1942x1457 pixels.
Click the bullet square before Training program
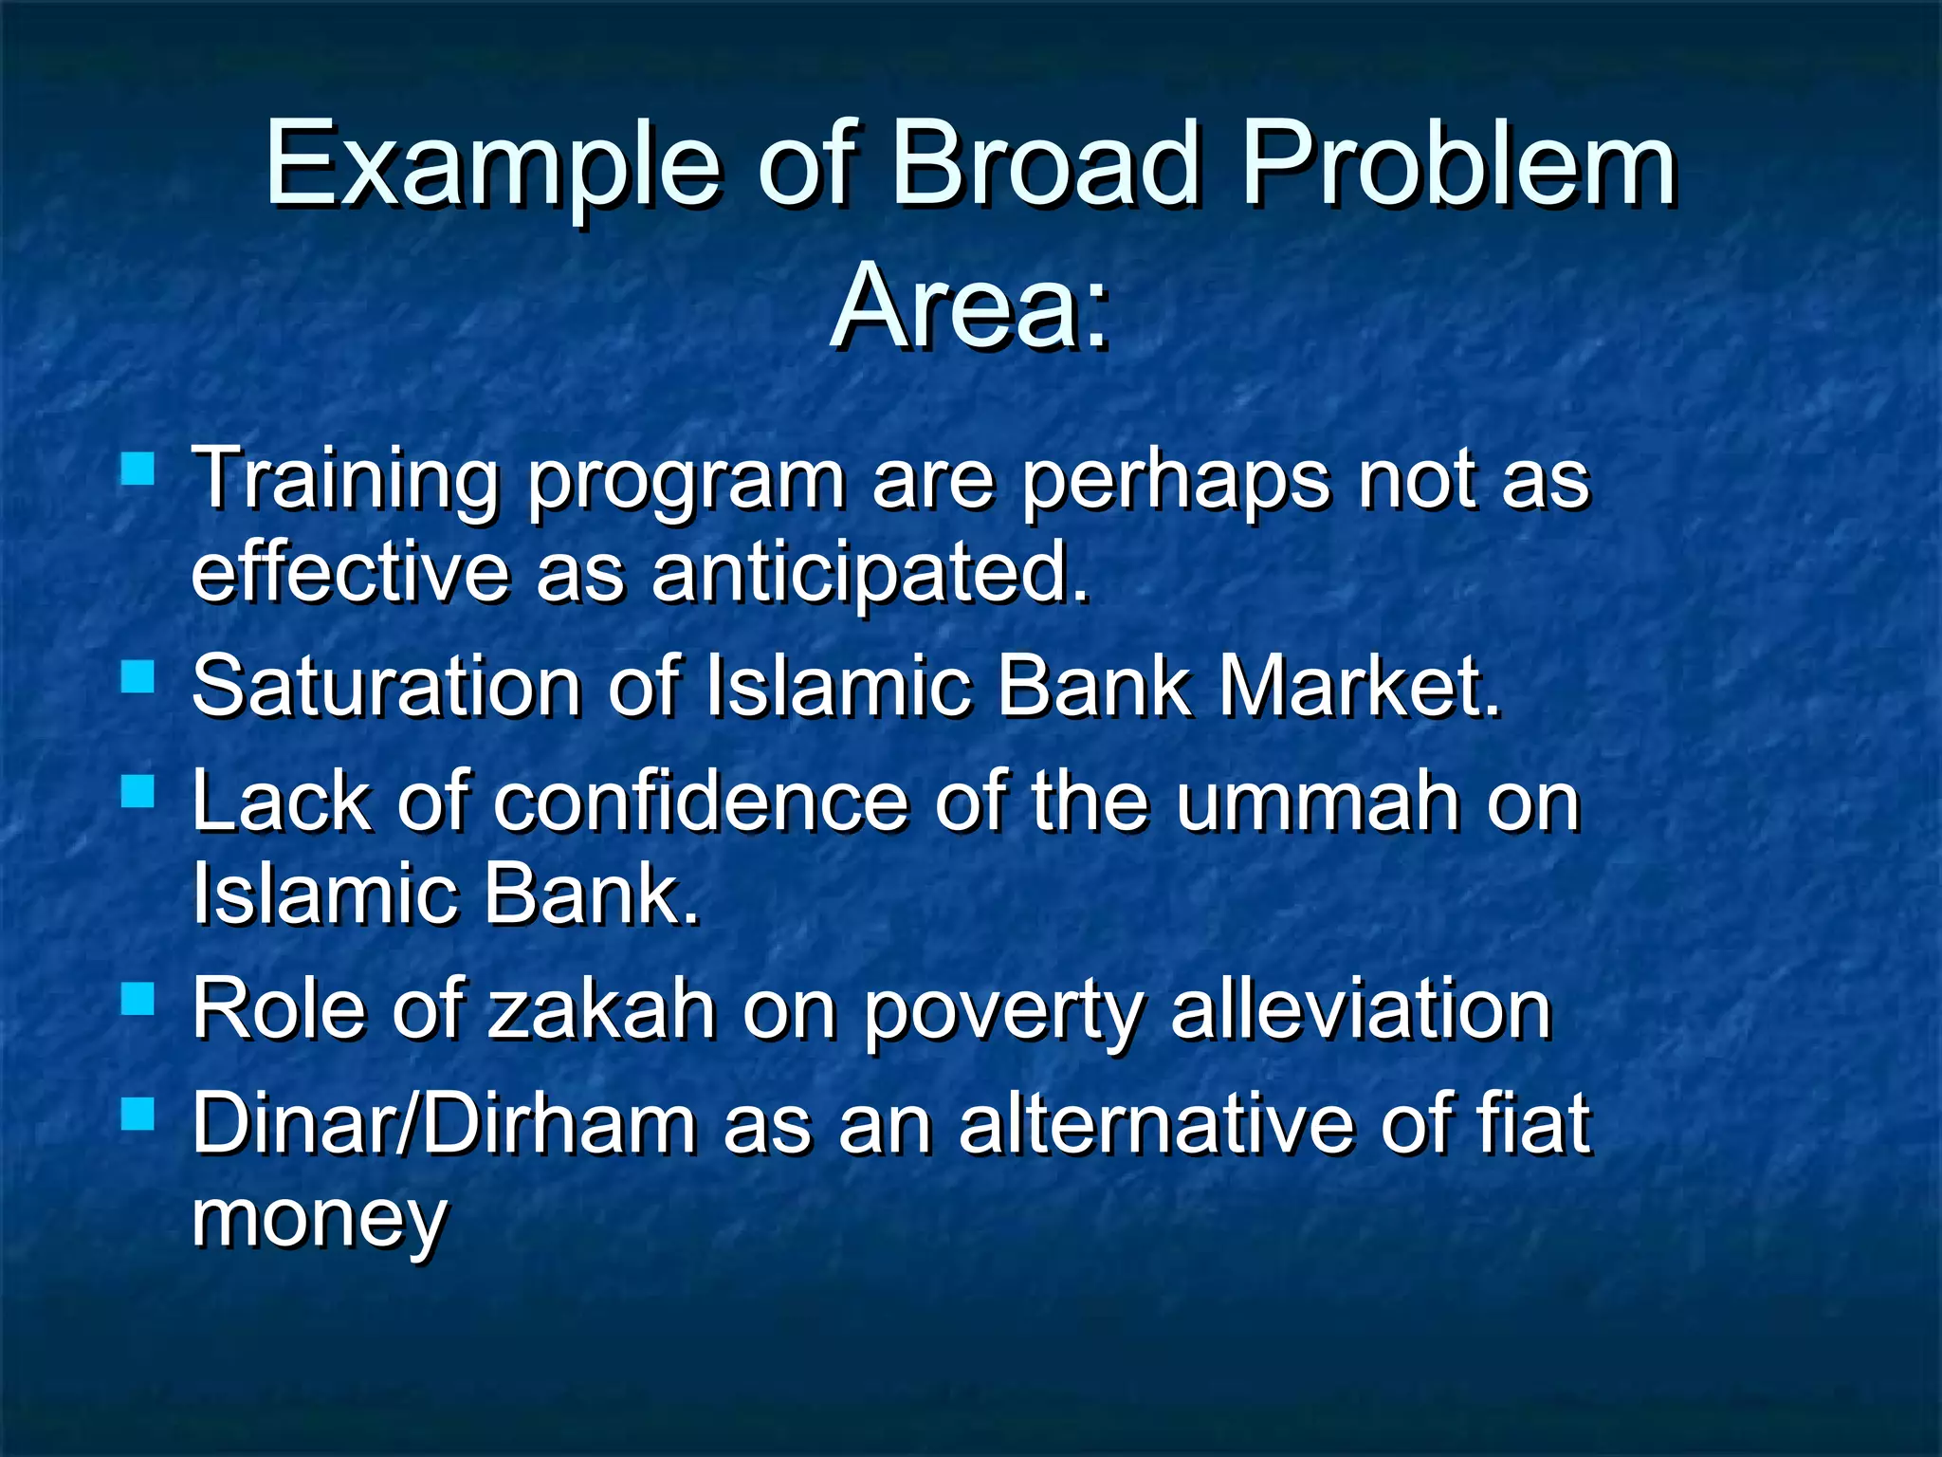[138, 468]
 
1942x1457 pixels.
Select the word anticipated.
[870, 575]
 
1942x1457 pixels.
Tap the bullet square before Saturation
[138, 677]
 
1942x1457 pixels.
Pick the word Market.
[1360, 687]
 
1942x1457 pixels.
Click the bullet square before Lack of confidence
[138, 790]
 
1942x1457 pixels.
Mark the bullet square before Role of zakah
[138, 999]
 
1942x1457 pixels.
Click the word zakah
[601, 1009]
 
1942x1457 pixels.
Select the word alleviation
[1360, 1009]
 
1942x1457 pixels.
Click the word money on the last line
[319, 1221]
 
